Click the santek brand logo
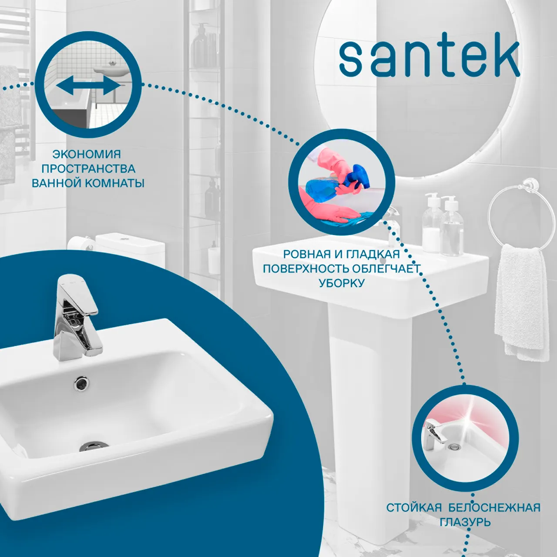point(429,59)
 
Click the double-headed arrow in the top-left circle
point(88,87)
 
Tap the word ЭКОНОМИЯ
point(87,154)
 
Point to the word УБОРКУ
point(342,283)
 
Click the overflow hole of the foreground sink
point(81,383)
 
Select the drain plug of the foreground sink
point(94,446)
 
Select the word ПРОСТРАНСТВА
point(88,168)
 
